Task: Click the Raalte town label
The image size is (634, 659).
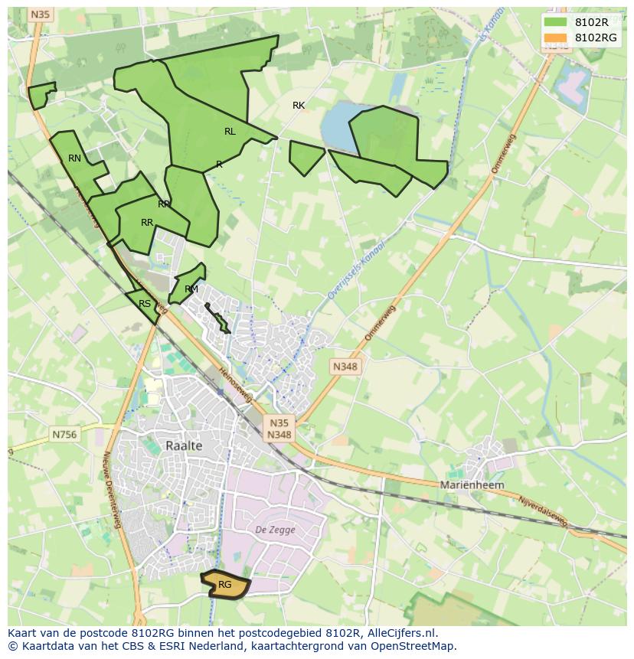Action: (x=184, y=445)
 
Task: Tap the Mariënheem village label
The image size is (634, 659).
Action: (x=472, y=485)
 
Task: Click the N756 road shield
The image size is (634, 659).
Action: (x=65, y=435)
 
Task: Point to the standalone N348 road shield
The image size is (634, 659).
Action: (x=345, y=367)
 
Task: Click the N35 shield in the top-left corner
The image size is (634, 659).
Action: (x=41, y=15)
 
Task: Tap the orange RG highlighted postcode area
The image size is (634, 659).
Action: (x=226, y=585)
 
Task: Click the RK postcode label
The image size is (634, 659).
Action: (x=299, y=106)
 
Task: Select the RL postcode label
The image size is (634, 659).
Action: (x=230, y=132)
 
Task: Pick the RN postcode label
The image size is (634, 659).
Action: (x=74, y=158)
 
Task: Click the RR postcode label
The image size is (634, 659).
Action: (x=147, y=223)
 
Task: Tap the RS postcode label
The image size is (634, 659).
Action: (x=145, y=304)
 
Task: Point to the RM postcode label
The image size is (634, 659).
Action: (x=191, y=289)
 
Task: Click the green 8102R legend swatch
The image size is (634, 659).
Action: (x=556, y=23)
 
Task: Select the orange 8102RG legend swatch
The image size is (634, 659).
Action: (x=556, y=38)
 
